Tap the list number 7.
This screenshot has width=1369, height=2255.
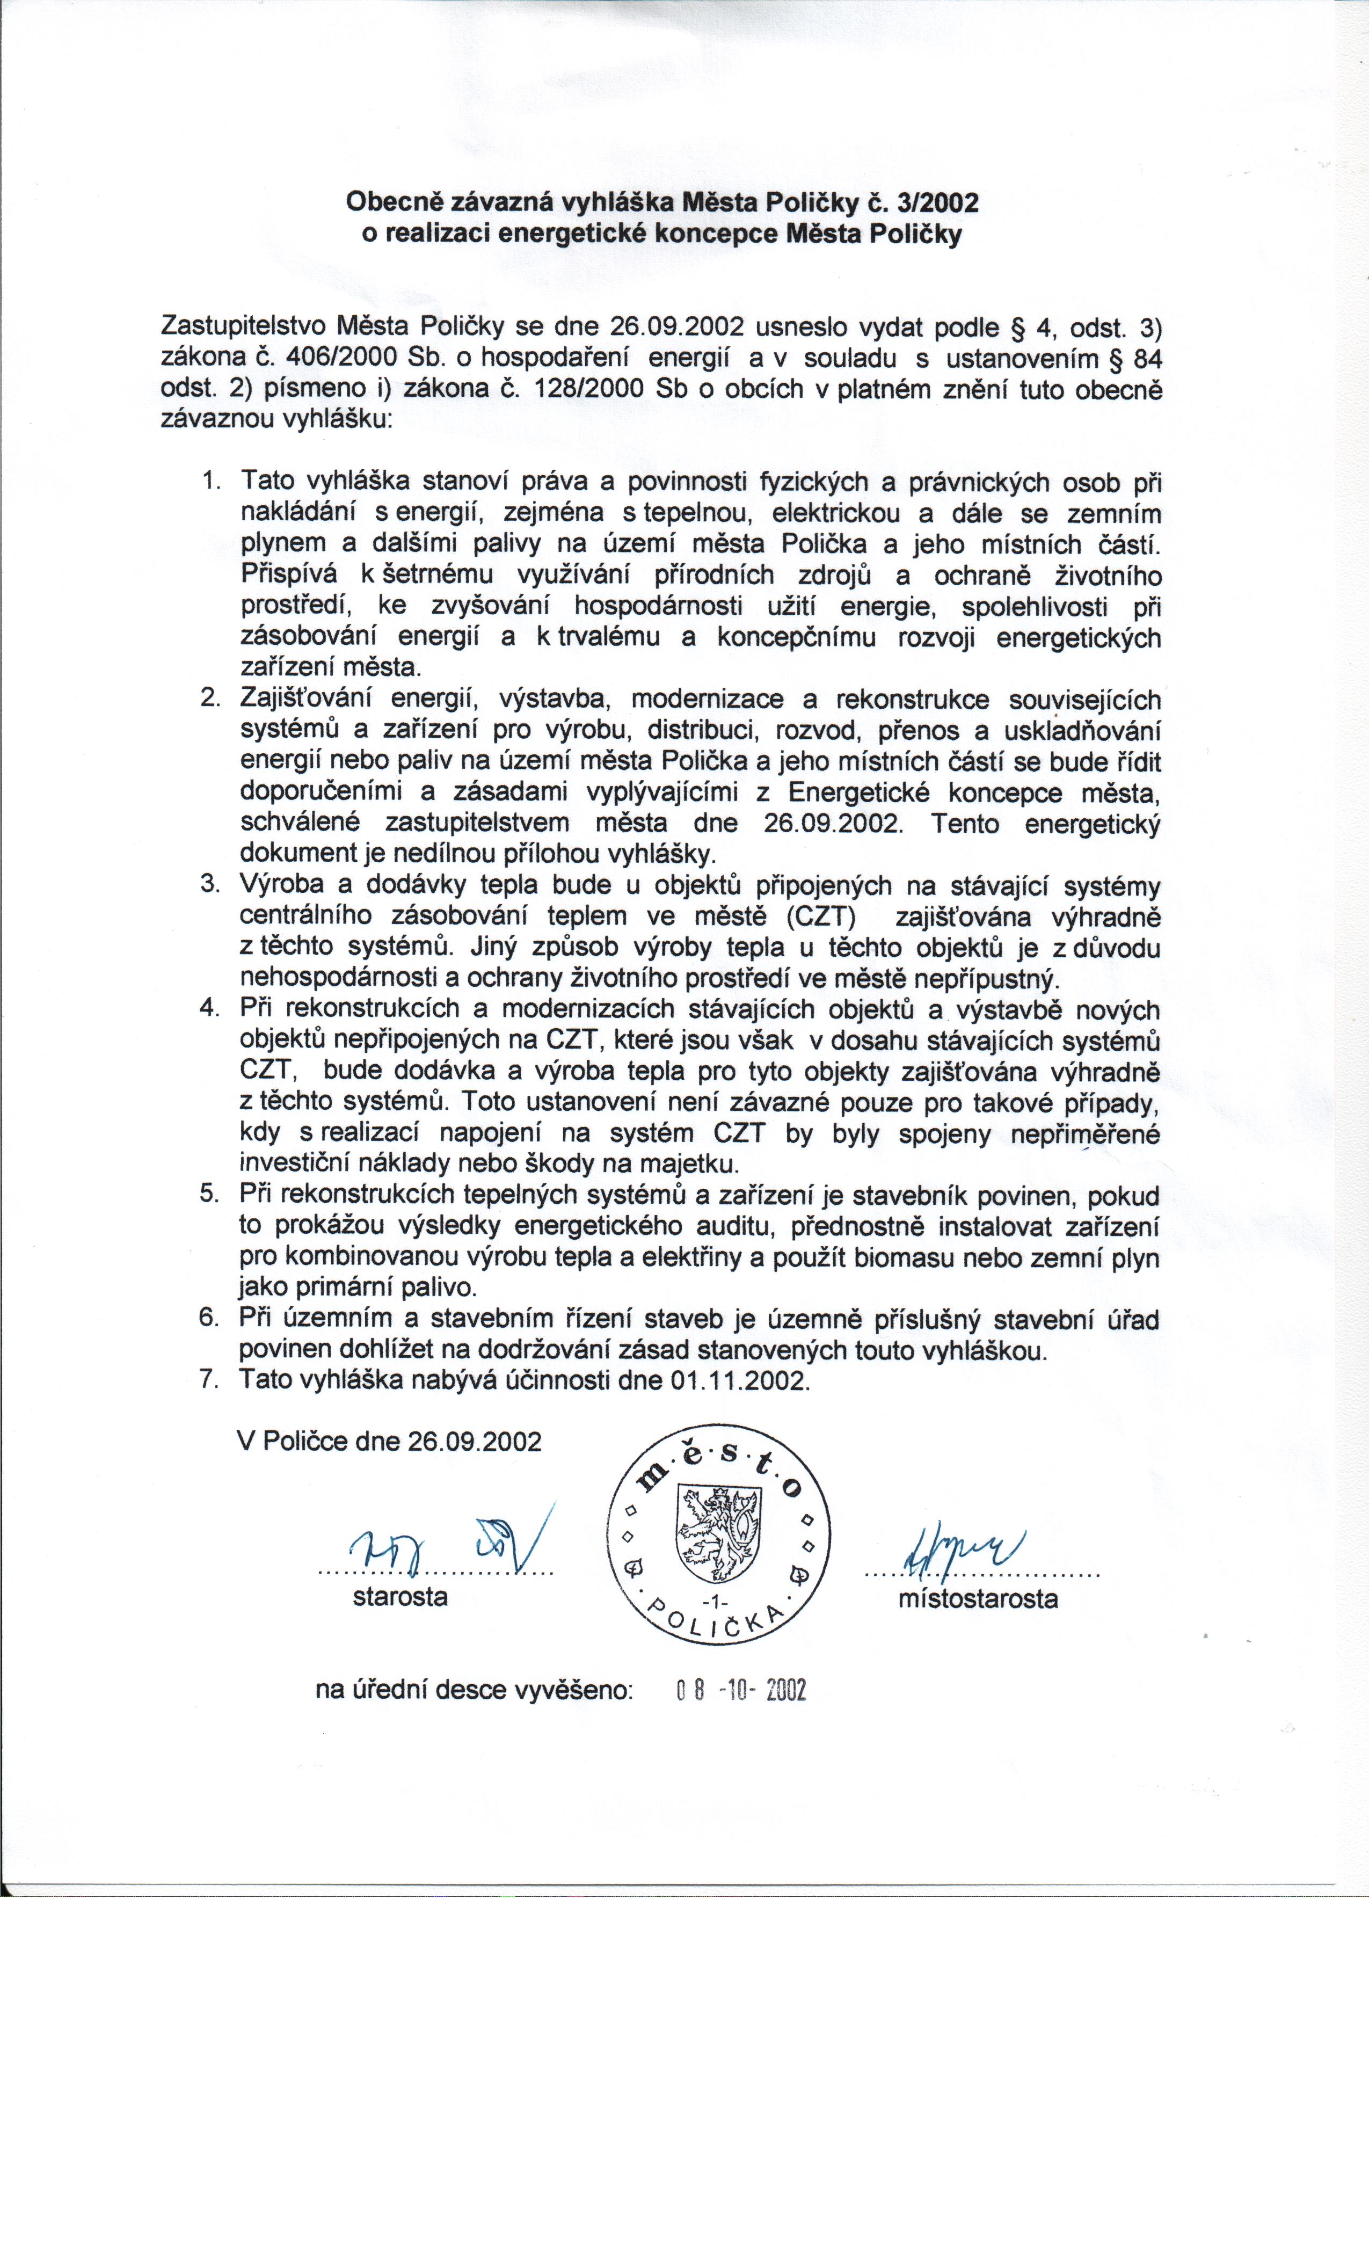pyautogui.click(x=210, y=1379)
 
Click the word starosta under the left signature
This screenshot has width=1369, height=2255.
pyautogui.click(x=400, y=1597)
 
